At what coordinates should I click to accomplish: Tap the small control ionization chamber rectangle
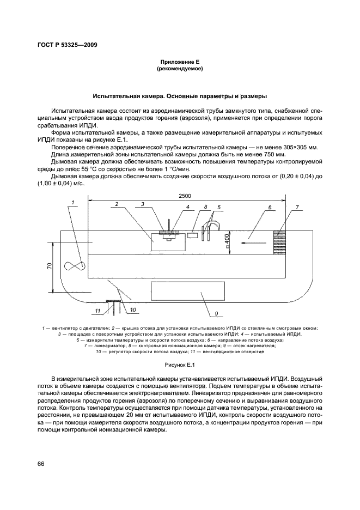point(192,235)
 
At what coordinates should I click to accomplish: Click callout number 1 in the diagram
point(71,202)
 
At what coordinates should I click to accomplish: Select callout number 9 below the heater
point(216,314)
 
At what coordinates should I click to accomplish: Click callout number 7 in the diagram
point(298,207)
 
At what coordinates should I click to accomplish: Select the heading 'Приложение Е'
point(179,63)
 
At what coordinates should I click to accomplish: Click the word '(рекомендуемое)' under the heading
point(179,70)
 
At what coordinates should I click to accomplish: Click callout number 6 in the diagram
point(270,207)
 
